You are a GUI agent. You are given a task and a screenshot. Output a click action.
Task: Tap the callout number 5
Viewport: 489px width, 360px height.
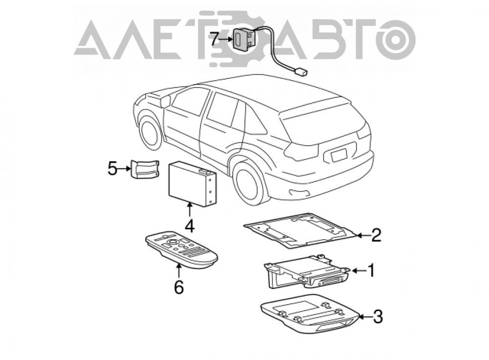click(x=112, y=169)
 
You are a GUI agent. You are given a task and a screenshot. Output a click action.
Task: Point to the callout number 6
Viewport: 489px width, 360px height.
click(x=178, y=287)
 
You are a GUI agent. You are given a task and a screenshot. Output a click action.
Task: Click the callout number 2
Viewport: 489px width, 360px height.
click(x=376, y=235)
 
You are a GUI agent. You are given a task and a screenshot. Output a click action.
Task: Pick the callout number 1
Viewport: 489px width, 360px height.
click(x=371, y=270)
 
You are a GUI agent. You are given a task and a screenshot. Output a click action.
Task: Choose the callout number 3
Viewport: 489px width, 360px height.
click(x=378, y=316)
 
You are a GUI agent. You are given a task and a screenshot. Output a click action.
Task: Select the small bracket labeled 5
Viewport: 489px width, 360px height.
click(x=144, y=169)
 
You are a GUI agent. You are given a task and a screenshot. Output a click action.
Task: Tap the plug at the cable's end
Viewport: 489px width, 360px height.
click(x=301, y=72)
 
